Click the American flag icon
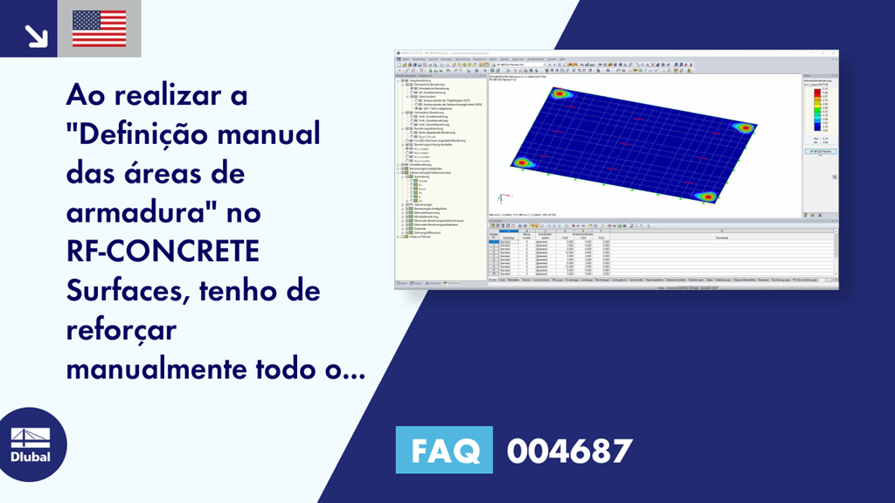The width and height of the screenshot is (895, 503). point(99,28)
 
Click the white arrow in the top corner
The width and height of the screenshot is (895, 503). point(35,35)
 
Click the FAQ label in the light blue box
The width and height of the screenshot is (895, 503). point(444,451)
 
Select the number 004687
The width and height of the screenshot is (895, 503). point(569,451)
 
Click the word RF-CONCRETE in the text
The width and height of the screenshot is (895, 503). point(163,250)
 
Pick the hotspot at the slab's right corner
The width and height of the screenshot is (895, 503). point(746,127)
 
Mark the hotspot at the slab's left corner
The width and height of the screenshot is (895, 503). point(523,162)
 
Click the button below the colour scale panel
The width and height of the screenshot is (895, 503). point(819,152)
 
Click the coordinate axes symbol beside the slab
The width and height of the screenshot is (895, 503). point(499,199)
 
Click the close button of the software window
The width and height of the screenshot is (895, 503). point(835,53)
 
